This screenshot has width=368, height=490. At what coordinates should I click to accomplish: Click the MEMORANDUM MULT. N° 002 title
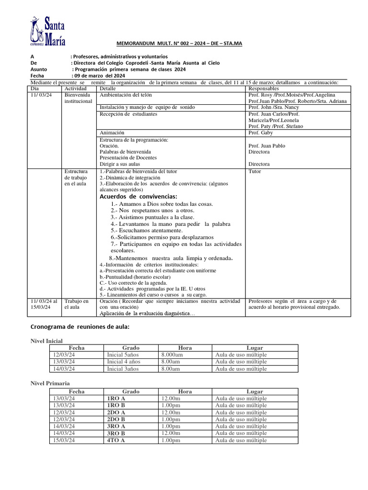pos(180,44)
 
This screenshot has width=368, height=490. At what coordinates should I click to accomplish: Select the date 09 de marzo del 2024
pos(99,76)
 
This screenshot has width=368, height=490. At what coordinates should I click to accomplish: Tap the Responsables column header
pos(264,89)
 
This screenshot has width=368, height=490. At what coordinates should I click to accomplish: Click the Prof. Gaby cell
pos(260,133)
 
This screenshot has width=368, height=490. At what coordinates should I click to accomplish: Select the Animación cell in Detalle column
pos(112,133)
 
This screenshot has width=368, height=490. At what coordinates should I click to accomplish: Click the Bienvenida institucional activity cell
pos(79,98)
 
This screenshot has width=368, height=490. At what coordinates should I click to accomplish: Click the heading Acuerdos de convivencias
pos(138,197)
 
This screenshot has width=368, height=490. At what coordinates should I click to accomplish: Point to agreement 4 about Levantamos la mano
pos(170,224)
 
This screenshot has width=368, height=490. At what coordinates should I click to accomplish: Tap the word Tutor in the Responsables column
pos(255,171)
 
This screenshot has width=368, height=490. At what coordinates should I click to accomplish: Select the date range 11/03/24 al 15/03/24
pos(44,304)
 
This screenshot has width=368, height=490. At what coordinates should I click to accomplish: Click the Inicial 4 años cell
pos(124,362)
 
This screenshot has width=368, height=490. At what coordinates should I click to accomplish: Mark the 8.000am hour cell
pos(171,355)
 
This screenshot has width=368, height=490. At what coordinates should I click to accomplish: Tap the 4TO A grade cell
pos(116,440)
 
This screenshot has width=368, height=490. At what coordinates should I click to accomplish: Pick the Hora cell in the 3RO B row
pos(171,433)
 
